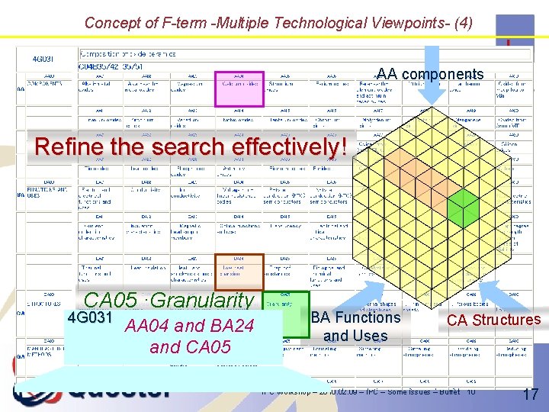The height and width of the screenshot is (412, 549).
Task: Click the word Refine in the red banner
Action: (72, 146)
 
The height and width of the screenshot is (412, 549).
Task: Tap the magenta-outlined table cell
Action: (239, 89)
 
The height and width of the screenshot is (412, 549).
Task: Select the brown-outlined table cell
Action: (239, 272)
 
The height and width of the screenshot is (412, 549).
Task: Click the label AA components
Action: (430, 74)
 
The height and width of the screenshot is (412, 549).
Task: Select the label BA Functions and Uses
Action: (355, 327)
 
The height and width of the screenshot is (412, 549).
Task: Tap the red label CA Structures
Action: (493, 320)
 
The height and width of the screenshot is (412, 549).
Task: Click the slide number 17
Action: (531, 394)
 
